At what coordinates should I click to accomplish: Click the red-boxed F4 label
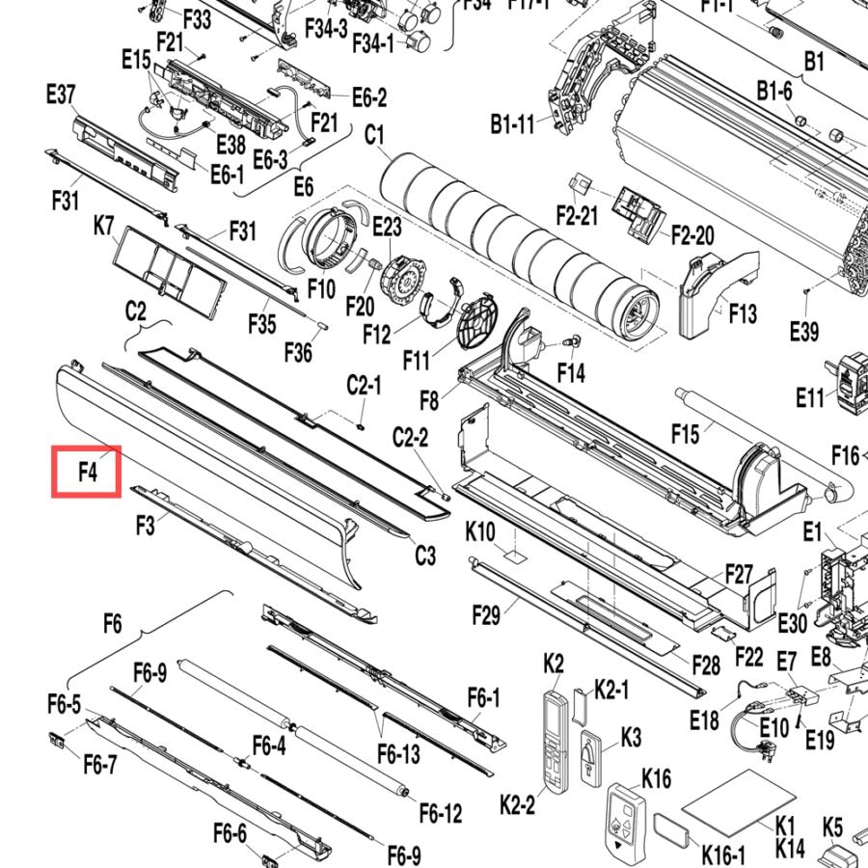point(88,473)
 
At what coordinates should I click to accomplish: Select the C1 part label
point(374,135)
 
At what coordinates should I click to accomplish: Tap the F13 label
point(743,313)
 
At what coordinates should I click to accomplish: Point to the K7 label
point(103,227)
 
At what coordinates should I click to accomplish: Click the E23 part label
point(387,227)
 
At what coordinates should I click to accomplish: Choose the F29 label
point(486,615)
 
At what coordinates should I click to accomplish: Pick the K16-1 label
point(723,854)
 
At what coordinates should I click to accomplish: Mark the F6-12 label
point(441,813)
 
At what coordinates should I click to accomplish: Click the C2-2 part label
point(410,437)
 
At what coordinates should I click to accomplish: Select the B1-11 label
point(513,124)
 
